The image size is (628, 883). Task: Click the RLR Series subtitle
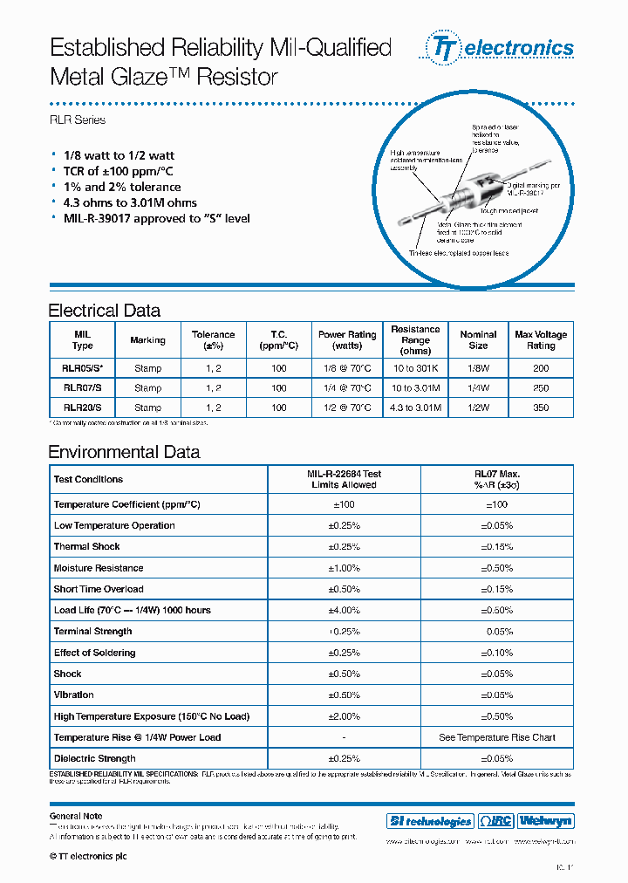[77, 120]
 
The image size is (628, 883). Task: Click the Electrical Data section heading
[104, 311]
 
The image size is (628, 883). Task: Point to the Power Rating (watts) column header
[347, 339]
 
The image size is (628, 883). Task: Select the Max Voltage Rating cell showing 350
[540, 407]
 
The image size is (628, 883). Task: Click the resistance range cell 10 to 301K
[415, 368]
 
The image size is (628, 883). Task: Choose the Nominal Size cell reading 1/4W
[478, 388]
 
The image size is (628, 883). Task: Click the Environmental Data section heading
[124, 452]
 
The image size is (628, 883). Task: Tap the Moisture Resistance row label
[99, 568]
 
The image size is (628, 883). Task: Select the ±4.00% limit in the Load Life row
[344, 610]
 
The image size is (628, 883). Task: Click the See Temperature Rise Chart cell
[496, 737]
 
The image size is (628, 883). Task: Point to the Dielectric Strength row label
[94, 758]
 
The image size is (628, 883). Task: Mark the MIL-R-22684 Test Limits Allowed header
[344, 479]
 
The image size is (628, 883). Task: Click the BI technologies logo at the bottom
[430, 821]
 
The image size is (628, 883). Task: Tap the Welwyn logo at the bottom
[546, 821]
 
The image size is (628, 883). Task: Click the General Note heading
[76, 816]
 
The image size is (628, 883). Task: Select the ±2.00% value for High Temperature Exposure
[344, 716]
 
